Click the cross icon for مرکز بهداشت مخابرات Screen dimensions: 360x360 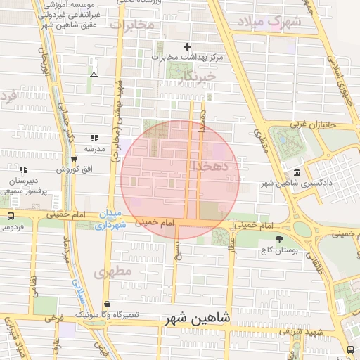(x=187, y=46)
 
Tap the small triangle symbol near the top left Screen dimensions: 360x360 (x=94, y=74)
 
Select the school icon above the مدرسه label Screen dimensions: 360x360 (x=94, y=138)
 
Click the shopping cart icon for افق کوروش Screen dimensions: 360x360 (x=74, y=159)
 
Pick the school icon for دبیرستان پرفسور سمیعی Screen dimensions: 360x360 (x=23, y=169)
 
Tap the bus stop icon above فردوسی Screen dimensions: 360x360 (x=11, y=217)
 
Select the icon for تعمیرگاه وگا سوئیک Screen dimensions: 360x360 (x=107, y=304)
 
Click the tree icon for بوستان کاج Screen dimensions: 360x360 (x=279, y=239)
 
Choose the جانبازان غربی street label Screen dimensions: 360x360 (x=300, y=124)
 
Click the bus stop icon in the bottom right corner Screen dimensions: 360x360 (x=350, y=349)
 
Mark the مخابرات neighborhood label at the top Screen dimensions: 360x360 (x=131, y=25)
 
